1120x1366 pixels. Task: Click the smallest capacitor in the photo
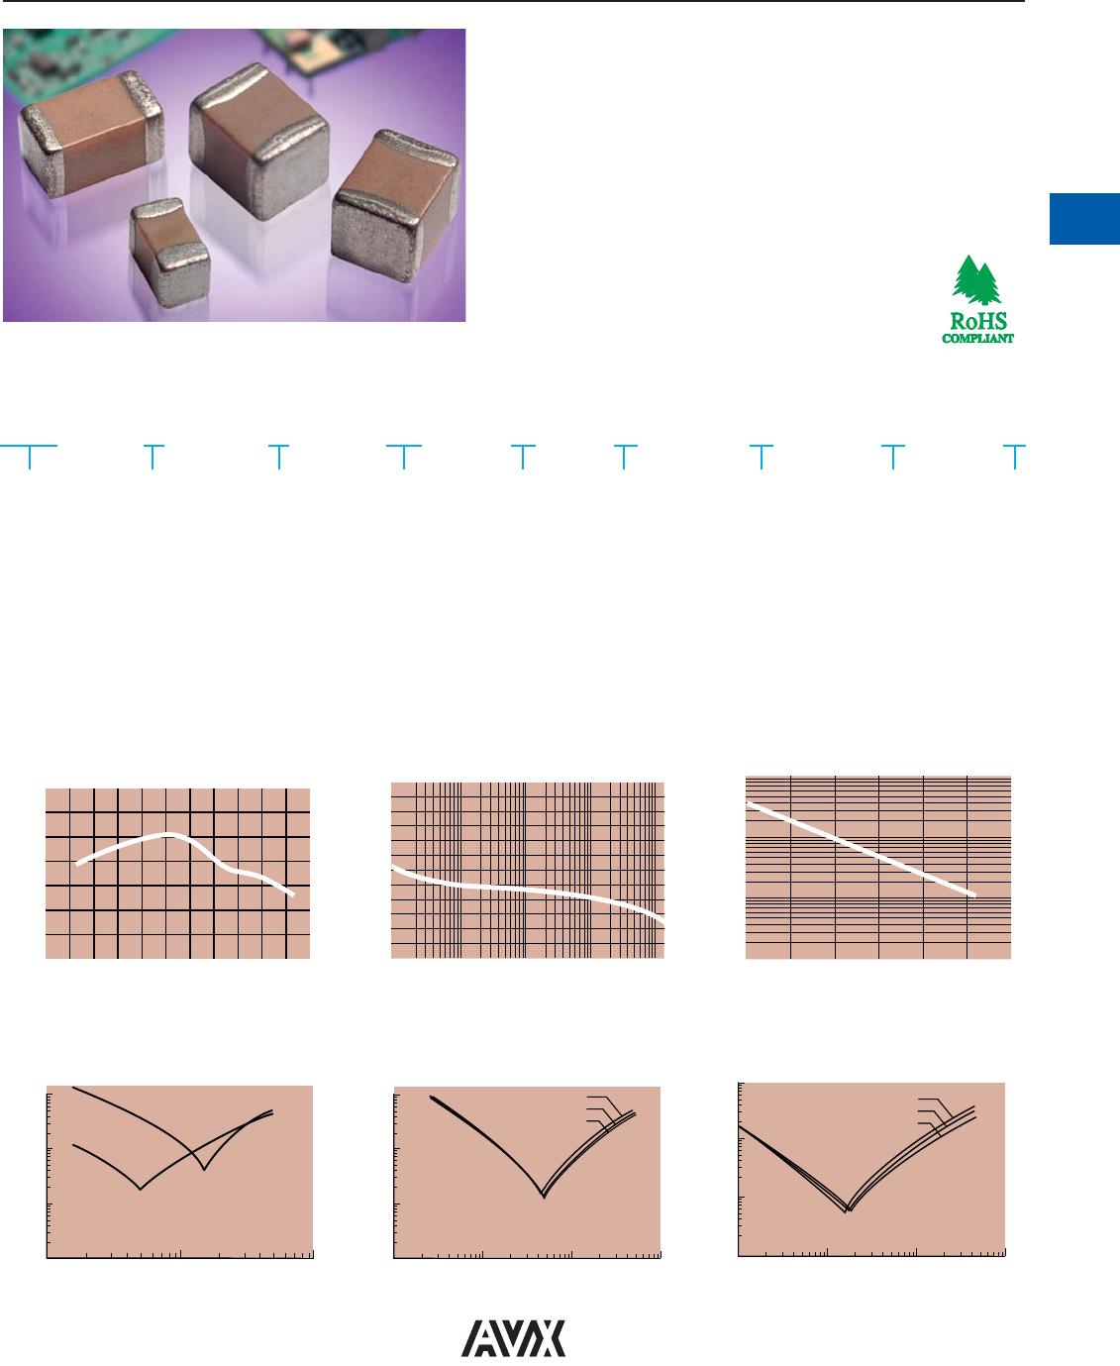[x=169, y=252]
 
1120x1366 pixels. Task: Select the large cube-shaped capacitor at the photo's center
[x=259, y=141]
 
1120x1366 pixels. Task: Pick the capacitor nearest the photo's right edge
[x=396, y=205]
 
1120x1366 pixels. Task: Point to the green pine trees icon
[x=976, y=279]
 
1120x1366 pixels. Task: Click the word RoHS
[x=978, y=321]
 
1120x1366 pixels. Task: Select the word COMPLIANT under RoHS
[x=977, y=338]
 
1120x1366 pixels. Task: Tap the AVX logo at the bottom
[x=513, y=1338]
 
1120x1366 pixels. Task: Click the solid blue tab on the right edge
[x=1084, y=219]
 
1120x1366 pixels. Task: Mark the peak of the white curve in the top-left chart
[x=167, y=834]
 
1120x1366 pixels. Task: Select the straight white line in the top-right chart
[x=861, y=850]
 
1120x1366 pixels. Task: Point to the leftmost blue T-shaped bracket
[x=29, y=455]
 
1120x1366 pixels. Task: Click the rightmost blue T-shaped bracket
[x=1014, y=455]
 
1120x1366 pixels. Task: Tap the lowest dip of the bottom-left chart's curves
[x=140, y=1189]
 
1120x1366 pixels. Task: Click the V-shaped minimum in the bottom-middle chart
[x=544, y=1198]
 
